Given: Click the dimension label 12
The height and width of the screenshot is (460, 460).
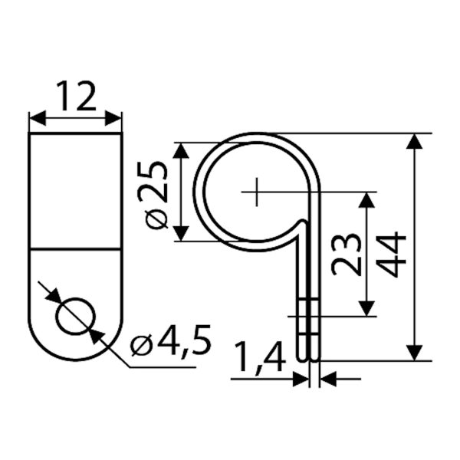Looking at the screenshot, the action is click(76, 96).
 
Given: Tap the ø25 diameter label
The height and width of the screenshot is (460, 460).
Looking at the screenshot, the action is click(156, 195).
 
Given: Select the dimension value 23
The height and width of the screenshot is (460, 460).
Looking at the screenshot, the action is click(347, 255).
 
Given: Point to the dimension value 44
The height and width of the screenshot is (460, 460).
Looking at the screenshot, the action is click(391, 255).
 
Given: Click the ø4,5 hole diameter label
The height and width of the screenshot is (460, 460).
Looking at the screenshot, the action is click(170, 341).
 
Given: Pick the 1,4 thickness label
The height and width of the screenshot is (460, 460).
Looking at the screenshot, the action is click(261, 357).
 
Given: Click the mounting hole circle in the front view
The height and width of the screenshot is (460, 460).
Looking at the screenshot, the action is click(76, 316).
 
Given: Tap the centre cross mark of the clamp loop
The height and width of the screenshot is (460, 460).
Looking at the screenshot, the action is click(257, 192).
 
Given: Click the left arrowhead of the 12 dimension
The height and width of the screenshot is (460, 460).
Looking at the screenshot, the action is click(38, 118).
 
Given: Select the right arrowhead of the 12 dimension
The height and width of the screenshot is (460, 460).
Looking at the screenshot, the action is click(113, 118).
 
